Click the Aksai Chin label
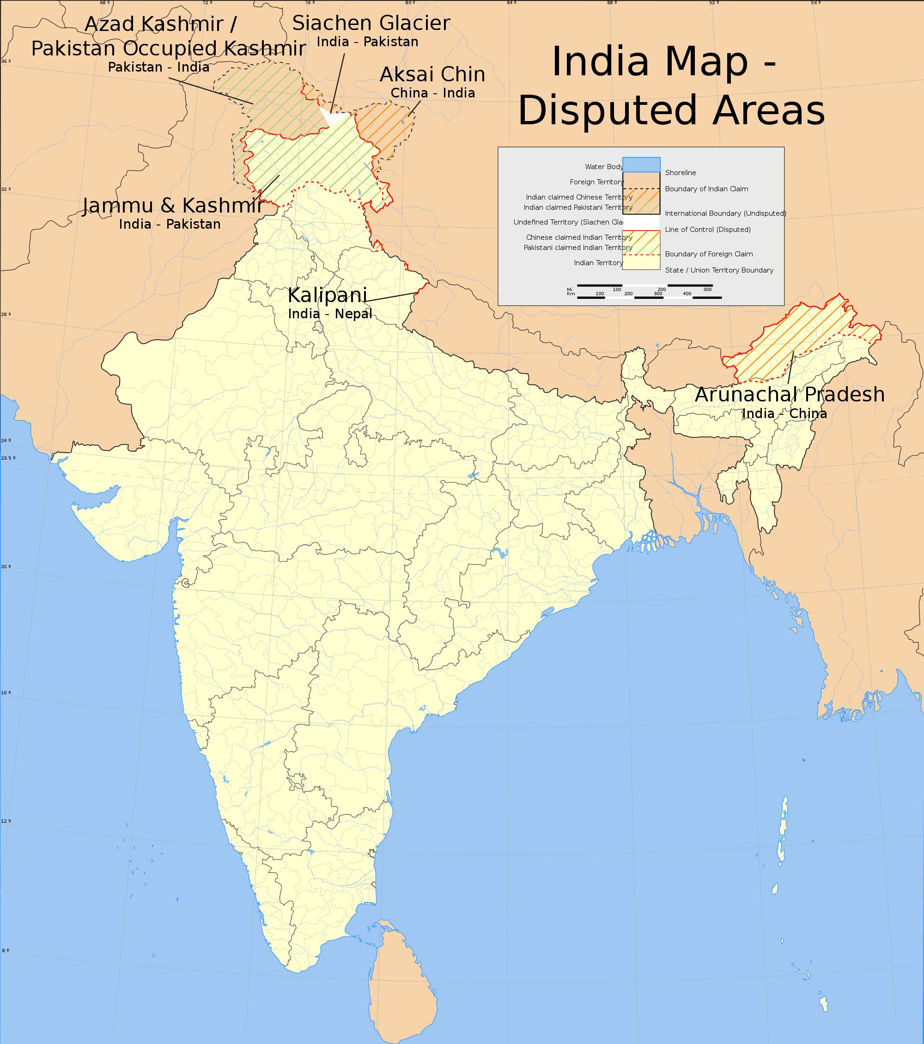(432, 74)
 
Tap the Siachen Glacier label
(371, 23)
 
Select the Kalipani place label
(328, 296)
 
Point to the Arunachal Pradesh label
(790, 395)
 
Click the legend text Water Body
(604, 166)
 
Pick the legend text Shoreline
(681, 173)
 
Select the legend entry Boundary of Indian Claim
(706, 189)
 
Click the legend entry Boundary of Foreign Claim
(708, 254)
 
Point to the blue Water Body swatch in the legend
(641, 165)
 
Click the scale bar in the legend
(644, 291)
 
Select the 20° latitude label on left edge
(6, 566)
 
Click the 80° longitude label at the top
(410, 3)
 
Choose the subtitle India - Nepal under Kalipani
(330, 314)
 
